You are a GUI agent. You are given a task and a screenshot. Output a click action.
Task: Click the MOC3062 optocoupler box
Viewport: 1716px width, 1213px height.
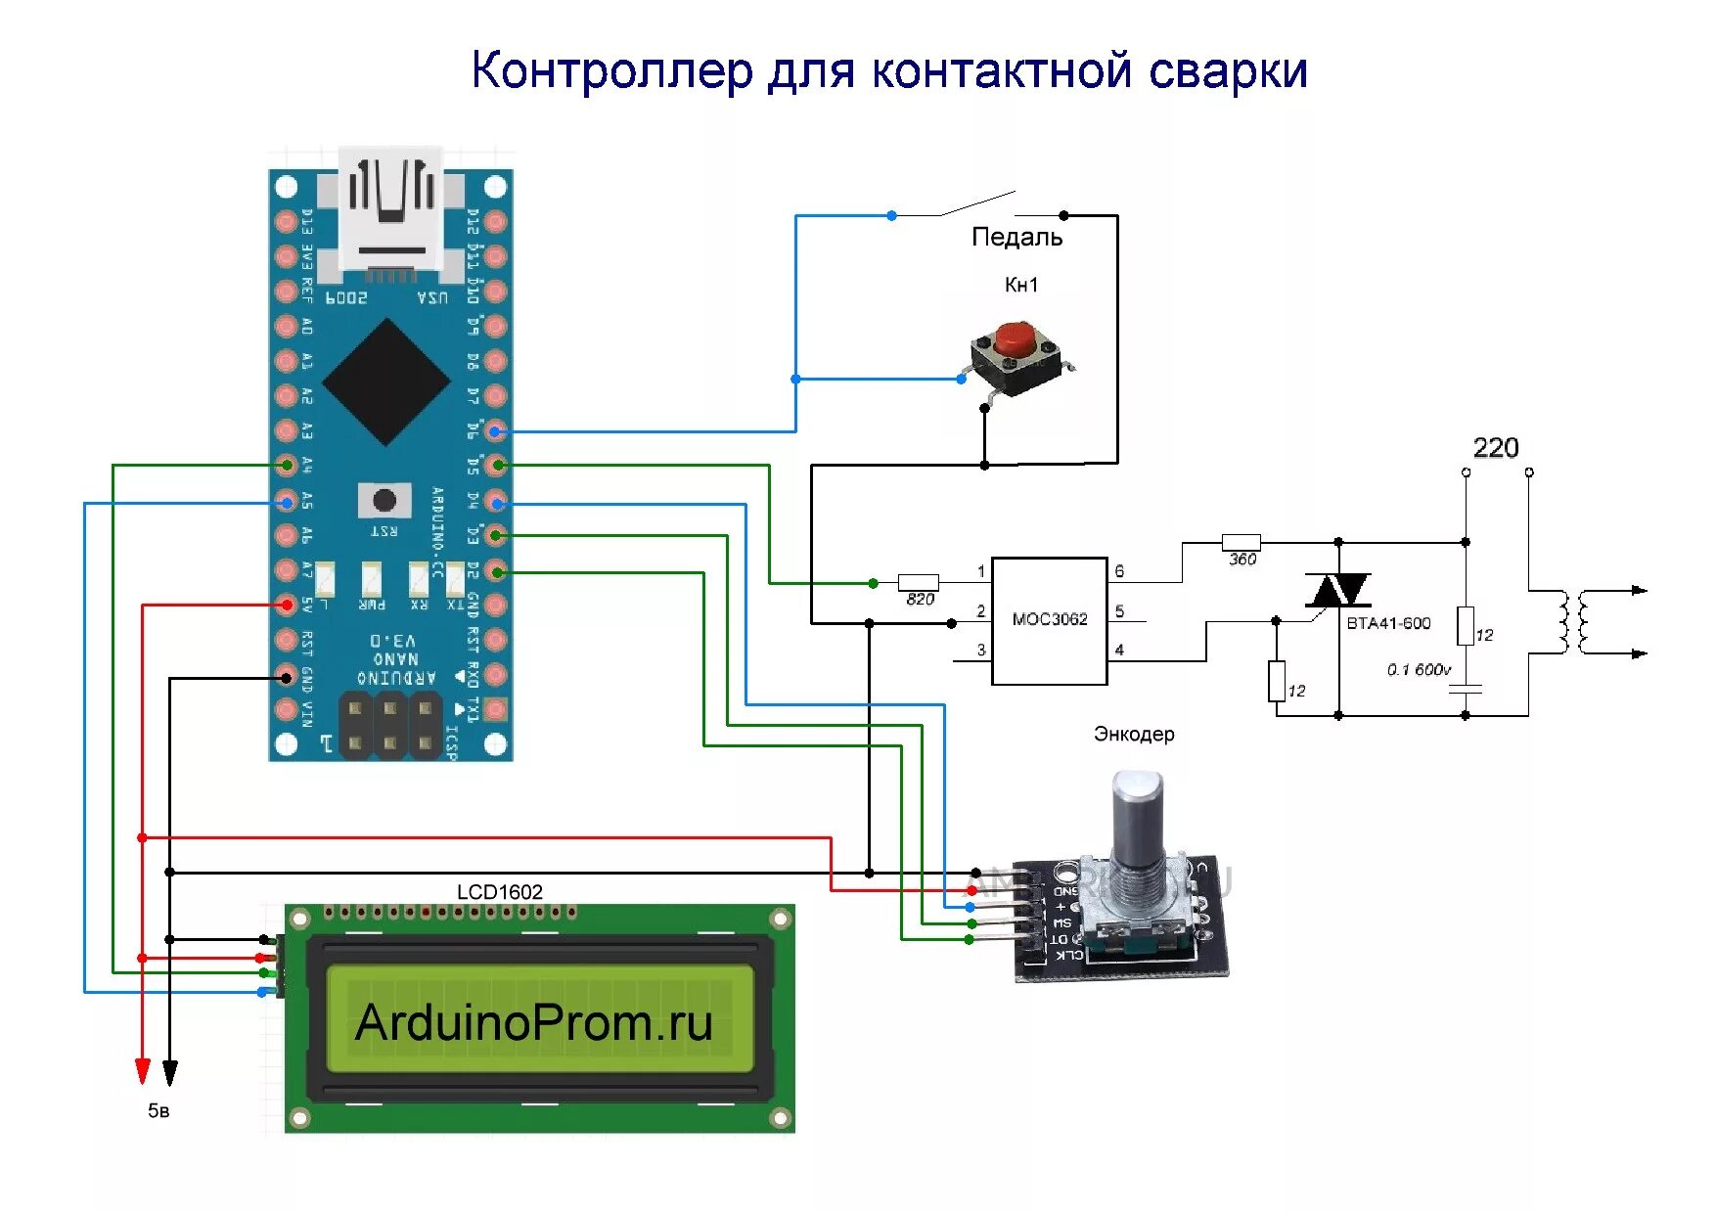click(1049, 620)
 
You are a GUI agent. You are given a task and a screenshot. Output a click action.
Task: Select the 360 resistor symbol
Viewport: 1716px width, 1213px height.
click(1241, 542)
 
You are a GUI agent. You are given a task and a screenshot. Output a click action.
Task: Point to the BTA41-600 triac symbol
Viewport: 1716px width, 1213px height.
click(1337, 591)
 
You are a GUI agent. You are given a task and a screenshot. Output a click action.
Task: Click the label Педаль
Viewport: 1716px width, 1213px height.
click(1016, 237)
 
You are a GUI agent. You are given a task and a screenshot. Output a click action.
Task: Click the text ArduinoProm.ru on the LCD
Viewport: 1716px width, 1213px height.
click(533, 1022)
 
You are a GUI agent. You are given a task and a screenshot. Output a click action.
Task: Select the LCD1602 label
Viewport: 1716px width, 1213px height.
click(499, 891)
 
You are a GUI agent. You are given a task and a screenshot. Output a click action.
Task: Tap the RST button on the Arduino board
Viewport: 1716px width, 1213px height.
click(384, 500)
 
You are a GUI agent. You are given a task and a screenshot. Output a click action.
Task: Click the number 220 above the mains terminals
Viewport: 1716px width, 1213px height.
click(1495, 448)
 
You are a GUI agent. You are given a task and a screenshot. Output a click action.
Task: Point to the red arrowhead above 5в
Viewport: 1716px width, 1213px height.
click(143, 1070)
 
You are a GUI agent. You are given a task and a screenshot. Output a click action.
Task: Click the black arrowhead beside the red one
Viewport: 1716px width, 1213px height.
click(170, 1072)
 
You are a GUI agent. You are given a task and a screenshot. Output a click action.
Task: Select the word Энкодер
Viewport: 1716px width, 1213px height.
click(1134, 734)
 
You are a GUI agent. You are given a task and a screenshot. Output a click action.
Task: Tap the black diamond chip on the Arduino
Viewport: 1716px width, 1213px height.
click(387, 382)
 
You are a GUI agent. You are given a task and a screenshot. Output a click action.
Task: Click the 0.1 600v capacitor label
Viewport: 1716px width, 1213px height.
click(1419, 669)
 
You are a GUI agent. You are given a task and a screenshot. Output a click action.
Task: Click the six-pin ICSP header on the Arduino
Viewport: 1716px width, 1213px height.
click(389, 724)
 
